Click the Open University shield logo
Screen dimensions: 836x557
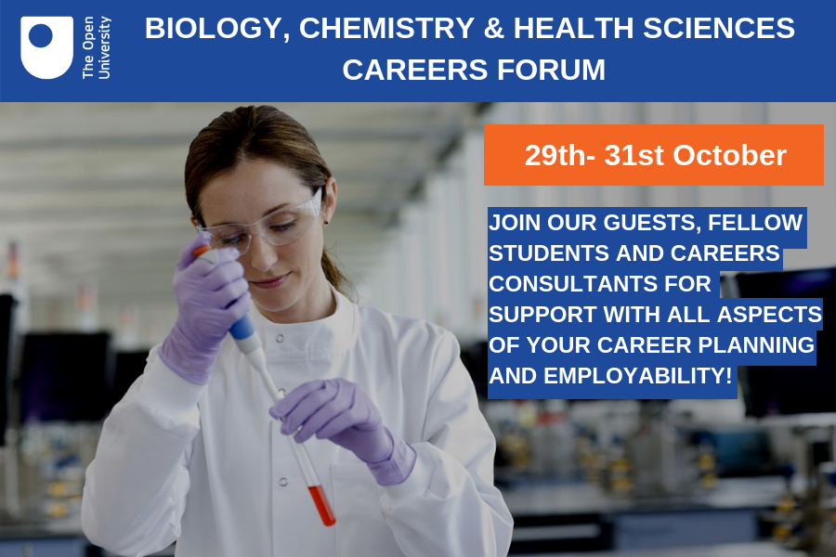(x=47, y=47)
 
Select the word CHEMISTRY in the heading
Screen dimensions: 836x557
(x=386, y=28)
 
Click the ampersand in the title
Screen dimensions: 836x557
(x=494, y=28)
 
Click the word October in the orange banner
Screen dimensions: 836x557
(x=729, y=156)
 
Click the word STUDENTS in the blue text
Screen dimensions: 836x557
(x=549, y=253)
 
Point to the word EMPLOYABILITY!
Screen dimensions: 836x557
(x=637, y=376)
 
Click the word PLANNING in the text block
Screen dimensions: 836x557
(x=756, y=345)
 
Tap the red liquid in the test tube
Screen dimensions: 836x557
(x=322, y=505)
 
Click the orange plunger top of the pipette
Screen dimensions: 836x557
(x=202, y=250)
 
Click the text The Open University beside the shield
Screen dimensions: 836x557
(x=97, y=47)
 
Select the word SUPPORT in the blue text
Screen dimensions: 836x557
(x=542, y=315)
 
